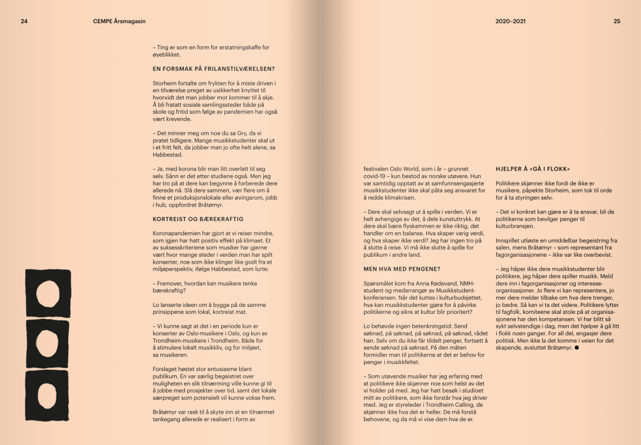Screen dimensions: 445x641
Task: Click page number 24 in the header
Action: pos(24,21)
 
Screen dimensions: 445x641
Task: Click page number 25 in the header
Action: pos(617,21)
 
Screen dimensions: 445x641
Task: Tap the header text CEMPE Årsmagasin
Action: pos(118,21)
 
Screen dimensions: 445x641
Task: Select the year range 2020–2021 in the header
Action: pos(511,21)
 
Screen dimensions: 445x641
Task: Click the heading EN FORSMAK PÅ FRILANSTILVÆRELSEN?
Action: pos(214,68)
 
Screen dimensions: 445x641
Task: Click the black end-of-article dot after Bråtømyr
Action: pos(576,346)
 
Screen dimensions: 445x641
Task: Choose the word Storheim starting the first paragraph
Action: pos(166,83)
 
